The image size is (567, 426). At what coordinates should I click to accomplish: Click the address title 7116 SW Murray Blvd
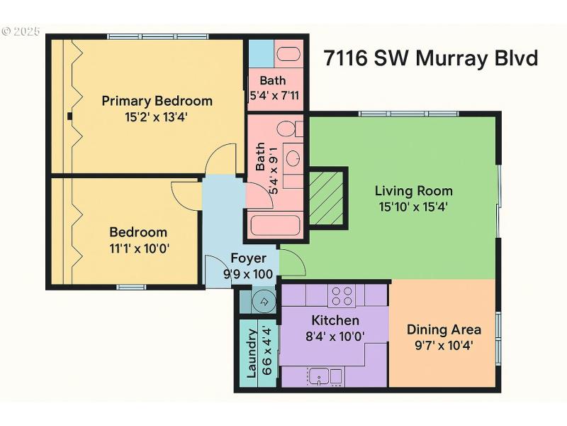(x=431, y=58)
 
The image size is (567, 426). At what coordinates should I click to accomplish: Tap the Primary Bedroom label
(x=157, y=100)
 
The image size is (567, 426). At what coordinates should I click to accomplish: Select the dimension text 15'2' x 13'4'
(x=157, y=116)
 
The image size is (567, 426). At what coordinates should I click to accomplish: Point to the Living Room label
(x=413, y=190)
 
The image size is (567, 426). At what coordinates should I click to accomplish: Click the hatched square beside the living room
(x=327, y=198)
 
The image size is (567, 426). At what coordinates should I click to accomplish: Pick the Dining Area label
(x=444, y=329)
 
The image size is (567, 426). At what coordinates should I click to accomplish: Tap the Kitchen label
(x=335, y=320)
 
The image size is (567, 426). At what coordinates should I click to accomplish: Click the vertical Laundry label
(x=252, y=354)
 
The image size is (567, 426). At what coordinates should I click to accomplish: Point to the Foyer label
(x=248, y=258)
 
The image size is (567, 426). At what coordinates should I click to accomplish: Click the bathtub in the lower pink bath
(x=275, y=226)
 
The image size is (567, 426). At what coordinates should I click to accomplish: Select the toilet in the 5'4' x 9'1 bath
(x=286, y=129)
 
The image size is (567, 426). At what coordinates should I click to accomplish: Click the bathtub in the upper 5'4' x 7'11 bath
(x=288, y=53)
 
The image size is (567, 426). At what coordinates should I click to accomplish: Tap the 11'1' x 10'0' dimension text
(x=139, y=248)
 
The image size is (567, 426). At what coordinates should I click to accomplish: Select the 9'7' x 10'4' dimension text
(x=444, y=346)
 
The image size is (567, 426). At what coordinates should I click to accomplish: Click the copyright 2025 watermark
(x=21, y=32)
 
